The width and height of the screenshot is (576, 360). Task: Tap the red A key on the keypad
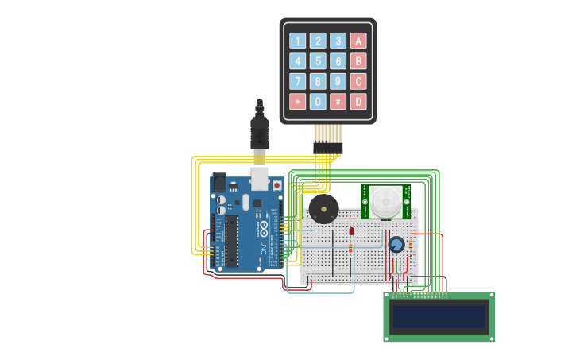coord(358,41)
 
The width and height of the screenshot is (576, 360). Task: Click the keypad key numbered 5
coord(318,61)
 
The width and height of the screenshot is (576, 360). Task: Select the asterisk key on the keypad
coord(297,102)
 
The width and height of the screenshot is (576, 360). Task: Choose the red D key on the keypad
coord(358,102)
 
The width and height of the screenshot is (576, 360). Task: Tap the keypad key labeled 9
coord(338,81)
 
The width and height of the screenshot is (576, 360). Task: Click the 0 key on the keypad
coord(318,102)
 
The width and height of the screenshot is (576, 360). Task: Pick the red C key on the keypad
coord(358,81)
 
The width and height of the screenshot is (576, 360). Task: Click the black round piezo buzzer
coord(323,210)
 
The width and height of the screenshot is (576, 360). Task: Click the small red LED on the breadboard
coord(351,231)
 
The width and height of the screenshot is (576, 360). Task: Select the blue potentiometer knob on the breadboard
coord(396,244)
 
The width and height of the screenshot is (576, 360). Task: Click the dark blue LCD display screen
coord(439,317)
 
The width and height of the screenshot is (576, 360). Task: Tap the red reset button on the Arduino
coord(276,185)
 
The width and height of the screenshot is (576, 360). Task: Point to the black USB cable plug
coord(259,130)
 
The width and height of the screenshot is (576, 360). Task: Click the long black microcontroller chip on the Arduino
coord(231,241)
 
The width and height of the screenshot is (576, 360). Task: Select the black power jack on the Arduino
coord(218,183)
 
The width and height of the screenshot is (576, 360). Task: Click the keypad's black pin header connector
coord(327,148)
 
